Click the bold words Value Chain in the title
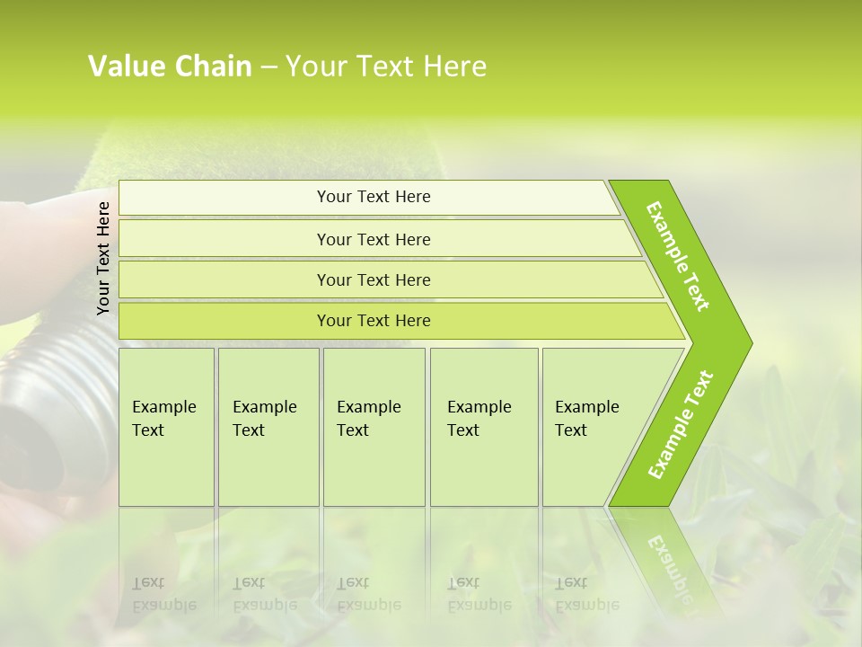(x=170, y=66)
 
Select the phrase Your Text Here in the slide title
(x=386, y=66)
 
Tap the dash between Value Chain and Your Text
(x=268, y=67)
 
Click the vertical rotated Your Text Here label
(x=103, y=258)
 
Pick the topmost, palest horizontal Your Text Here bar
(x=374, y=197)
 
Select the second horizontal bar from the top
(x=374, y=239)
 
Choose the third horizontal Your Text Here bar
(x=374, y=279)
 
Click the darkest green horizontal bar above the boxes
(x=374, y=321)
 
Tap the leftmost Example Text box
(x=166, y=427)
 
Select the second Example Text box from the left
(x=268, y=427)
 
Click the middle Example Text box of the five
(x=374, y=427)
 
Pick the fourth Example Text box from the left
(x=484, y=427)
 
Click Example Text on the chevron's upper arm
(x=679, y=256)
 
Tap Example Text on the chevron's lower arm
(x=681, y=424)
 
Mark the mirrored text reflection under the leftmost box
(x=163, y=594)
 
